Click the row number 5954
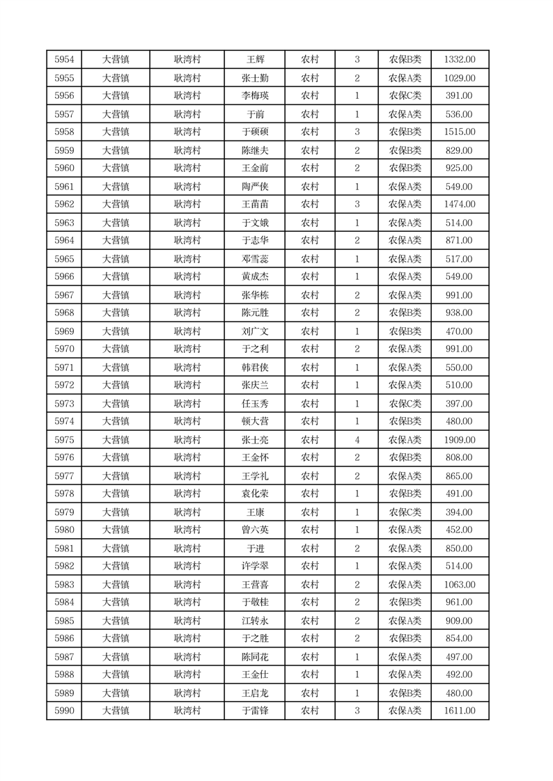pyautogui.click(x=64, y=60)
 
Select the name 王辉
pyautogui.click(x=255, y=60)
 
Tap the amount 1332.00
pyautogui.click(x=459, y=60)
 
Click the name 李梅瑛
pyautogui.click(x=255, y=96)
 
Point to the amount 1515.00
pyautogui.click(x=459, y=132)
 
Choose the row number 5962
pyautogui.click(x=64, y=205)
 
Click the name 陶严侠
pyautogui.click(x=255, y=187)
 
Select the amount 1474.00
pyautogui.click(x=459, y=205)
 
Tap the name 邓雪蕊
pyautogui.click(x=255, y=259)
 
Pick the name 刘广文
pyautogui.click(x=255, y=331)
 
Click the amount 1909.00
pyautogui.click(x=459, y=440)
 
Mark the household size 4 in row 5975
pyautogui.click(x=357, y=440)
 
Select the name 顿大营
pyautogui.click(x=255, y=422)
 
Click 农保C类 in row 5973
pyautogui.click(x=405, y=404)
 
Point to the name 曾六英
pyautogui.click(x=255, y=530)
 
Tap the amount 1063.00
pyautogui.click(x=459, y=585)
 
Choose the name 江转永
pyautogui.click(x=255, y=621)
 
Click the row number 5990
pyautogui.click(x=64, y=711)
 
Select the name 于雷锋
pyautogui.click(x=255, y=711)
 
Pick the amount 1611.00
pyautogui.click(x=459, y=711)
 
